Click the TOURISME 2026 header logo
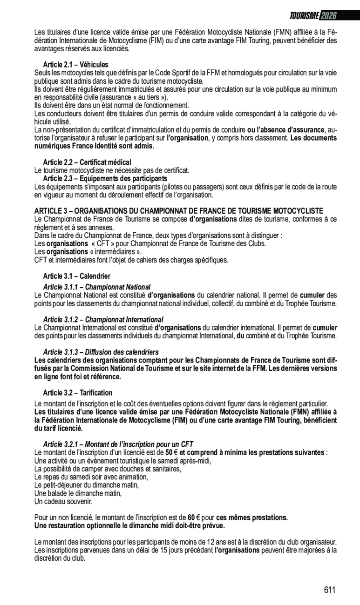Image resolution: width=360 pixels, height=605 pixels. coord(312,16)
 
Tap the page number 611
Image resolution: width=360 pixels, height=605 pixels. coord(329,590)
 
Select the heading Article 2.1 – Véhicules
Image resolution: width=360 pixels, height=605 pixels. coord(75,65)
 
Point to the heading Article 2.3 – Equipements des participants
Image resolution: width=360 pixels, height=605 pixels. coord(105,179)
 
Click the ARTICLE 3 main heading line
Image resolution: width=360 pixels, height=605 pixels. coord(179,211)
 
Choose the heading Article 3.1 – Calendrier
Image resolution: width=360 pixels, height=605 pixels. coord(76,276)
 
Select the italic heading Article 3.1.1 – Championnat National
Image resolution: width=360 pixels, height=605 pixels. coord(96,287)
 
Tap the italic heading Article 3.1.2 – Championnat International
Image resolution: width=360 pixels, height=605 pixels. coord(103,320)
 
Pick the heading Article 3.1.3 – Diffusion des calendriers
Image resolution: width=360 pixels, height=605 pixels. coord(101,352)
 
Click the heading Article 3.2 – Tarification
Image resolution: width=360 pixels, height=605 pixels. coord(77,393)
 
